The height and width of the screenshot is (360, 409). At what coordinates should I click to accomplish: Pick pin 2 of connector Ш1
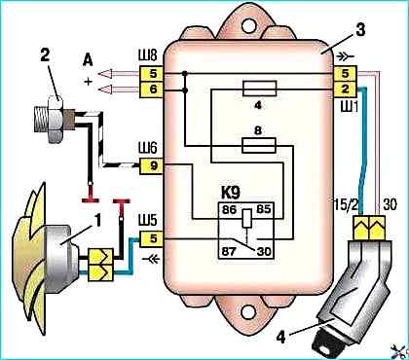[x=346, y=89]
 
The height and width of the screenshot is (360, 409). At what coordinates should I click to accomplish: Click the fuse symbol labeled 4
[x=260, y=89]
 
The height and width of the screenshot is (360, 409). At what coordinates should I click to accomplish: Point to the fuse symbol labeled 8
[x=259, y=145]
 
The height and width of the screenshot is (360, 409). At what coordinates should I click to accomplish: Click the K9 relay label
[x=231, y=194]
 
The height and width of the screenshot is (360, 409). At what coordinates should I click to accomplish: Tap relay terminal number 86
[x=229, y=210]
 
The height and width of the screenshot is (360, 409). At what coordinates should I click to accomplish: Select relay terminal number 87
[x=229, y=251]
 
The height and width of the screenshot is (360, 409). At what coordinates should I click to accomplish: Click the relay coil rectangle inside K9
[x=246, y=218]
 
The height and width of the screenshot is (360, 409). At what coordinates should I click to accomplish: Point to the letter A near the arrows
[x=88, y=60]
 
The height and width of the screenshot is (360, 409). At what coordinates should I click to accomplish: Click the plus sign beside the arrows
[x=88, y=82]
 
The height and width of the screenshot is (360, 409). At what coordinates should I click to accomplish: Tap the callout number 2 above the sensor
[x=45, y=55]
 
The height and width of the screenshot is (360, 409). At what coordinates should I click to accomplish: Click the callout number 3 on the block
[x=360, y=30]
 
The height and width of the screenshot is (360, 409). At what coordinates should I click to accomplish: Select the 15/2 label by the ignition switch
[x=345, y=205]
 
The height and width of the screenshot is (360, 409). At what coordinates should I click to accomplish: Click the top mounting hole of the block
[x=249, y=25]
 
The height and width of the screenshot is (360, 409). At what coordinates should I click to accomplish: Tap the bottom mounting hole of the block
[x=248, y=311]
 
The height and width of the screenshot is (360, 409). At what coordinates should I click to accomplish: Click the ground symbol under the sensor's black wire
[x=91, y=200]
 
